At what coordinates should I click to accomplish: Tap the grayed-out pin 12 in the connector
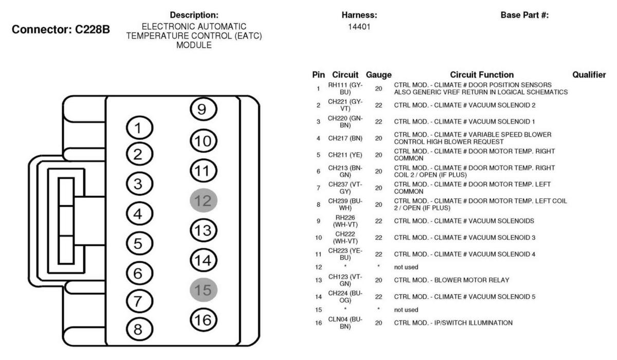point(204,200)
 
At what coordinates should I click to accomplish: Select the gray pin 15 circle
point(204,290)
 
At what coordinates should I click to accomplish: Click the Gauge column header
point(378,75)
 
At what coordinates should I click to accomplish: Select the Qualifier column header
point(589,75)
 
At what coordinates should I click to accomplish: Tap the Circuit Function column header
point(482,75)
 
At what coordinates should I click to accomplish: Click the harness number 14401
point(359,27)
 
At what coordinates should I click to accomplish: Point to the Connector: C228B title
point(61,29)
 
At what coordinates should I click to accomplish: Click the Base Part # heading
point(524,15)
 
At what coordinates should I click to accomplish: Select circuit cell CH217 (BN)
point(345,138)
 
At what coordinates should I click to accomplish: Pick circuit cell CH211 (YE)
point(345,155)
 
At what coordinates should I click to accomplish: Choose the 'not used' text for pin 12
point(406,267)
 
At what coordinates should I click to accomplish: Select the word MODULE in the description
point(194,45)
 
